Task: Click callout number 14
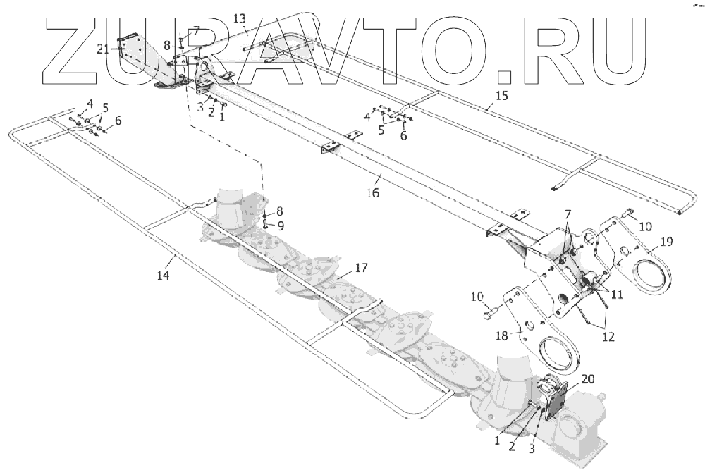(x=163, y=276)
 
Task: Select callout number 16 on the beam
(x=373, y=192)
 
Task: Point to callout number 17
(x=361, y=268)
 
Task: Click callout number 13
(x=240, y=18)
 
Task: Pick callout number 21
(x=103, y=49)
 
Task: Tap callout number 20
(x=588, y=379)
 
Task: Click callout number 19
(x=667, y=242)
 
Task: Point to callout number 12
(x=608, y=336)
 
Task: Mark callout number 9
(x=280, y=226)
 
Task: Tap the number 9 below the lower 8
(x=280, y=226)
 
